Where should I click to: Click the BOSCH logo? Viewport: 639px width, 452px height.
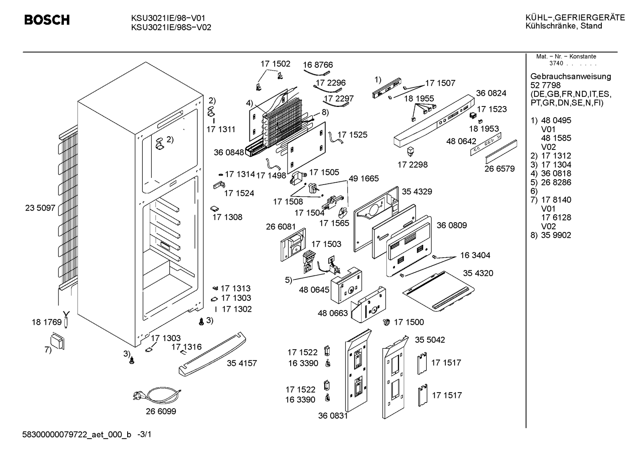[x=47, y=20]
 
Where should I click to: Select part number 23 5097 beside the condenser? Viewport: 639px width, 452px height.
[x=40, y=208]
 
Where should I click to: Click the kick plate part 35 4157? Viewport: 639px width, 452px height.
[x=212, y=354]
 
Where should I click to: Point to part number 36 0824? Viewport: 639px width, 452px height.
[x=491, y=93]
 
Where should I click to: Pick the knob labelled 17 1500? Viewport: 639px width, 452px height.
[x=386, y=322]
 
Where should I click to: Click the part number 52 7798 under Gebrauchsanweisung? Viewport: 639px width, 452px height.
[x=545, y=85]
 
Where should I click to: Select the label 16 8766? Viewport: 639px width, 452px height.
[x=318, y=65]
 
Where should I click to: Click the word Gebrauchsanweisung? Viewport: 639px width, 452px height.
[x=571, y=77]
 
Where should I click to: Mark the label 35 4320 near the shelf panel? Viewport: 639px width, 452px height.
[x=478, y=273]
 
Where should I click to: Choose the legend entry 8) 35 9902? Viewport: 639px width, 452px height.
[x=550, y=235]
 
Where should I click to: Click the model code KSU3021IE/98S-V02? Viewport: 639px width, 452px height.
[x=171, y=28]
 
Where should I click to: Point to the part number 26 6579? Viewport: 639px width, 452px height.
[x=499, y=169]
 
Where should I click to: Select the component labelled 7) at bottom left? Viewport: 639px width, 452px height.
[x=57, y=341]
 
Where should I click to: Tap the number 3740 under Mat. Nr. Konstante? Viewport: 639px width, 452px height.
[x=556, y=63]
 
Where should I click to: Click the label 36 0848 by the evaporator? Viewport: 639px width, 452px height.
[x=229, y=153]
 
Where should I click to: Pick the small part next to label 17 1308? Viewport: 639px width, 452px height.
[x=214, y=209]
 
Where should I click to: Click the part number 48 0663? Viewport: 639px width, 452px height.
[x=333, y=313]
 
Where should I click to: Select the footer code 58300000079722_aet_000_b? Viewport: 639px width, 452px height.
[x=77, y=435]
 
